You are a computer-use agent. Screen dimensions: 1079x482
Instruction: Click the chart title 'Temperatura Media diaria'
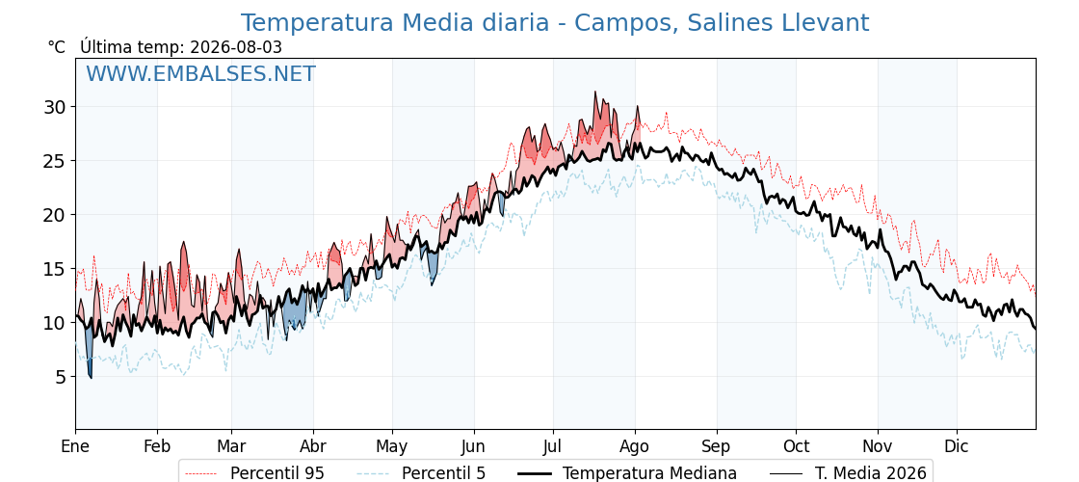coord(394,23)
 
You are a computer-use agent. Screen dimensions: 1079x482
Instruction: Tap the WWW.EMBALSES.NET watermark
coord(200,73)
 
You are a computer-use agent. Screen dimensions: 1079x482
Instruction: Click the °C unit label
coord(56,47)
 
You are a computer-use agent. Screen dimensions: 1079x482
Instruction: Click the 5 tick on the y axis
coord(62,377)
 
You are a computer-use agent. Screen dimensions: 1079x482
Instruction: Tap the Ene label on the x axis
coord(75,446)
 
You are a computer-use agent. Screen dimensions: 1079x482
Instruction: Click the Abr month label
coord(313,446)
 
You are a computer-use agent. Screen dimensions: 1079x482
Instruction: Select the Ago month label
coord(635,446)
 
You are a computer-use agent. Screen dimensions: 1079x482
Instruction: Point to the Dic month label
coord(956,446)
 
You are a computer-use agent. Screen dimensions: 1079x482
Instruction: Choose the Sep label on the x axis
coord(717,446)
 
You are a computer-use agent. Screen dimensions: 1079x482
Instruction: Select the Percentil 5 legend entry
coord(422,473)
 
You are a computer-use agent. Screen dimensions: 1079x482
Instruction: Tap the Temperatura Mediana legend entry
coord(626,473)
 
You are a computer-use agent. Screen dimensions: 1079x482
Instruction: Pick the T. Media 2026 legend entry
coord(848,473)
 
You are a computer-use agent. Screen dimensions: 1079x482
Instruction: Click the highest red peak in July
coord(596,93)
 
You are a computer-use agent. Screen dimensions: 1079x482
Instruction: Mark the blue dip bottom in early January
coord(91,377)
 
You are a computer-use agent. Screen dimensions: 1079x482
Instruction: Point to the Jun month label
coord(473,446)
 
